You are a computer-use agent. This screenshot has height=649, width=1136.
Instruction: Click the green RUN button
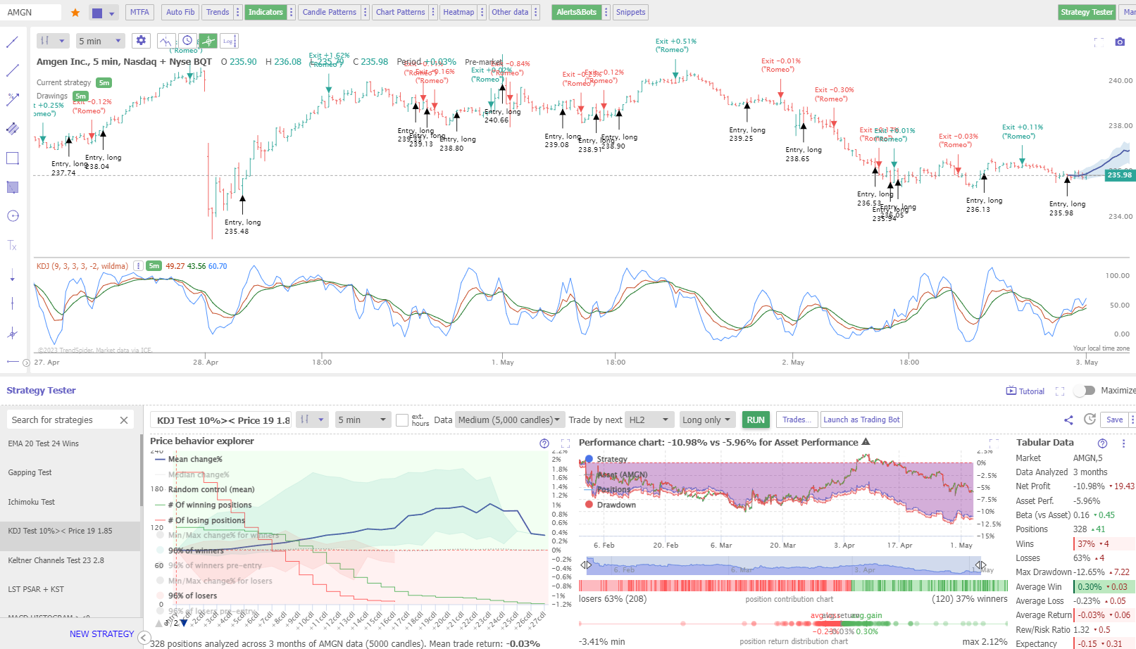pyautogui.click(x=755, y=420)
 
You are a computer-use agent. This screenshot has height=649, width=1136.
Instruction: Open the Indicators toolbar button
pyautogui.click(x=266, y=12)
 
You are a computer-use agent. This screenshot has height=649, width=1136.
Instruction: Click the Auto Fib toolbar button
pyautogui.click(x=180, y=12)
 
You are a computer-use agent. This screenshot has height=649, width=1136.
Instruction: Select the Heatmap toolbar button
pyautogui.click(x=458, y=12)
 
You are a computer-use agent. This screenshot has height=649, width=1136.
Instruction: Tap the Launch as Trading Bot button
pyautogui.click(x=861, y=420)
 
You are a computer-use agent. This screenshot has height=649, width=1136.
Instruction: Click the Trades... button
pyautogui.click(x=797, y=420)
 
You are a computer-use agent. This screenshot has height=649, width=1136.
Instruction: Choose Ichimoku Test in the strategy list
pyautogui.click(x=32, y=502)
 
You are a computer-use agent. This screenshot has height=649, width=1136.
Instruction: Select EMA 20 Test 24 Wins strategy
pyautogui.click(x=44, y=443)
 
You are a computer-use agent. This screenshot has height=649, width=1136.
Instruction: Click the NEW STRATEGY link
pyautogui.click(x=101, y=634)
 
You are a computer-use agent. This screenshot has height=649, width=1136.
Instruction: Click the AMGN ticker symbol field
pyautogui.click(x=32, y=12)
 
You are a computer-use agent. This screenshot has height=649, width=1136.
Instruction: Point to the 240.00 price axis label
pyautogui.click(x=1120, y=80)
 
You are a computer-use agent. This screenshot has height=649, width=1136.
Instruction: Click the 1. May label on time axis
pyautogui.click(x=503, y=362)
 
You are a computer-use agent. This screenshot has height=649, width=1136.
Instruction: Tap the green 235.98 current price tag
pyautogui.click(x=1119, y=175)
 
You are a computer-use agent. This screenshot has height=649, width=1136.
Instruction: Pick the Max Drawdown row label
pyautogui.click(x=1043, y=572)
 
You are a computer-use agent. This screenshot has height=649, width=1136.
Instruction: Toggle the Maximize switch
pyautogui.click(x=1085, y=390)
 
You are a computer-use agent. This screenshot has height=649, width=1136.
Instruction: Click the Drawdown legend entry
pyautogui.click(x=616, y=505)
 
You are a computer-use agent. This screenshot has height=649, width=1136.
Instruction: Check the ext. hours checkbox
pyautogui.click(x=402, y=420)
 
